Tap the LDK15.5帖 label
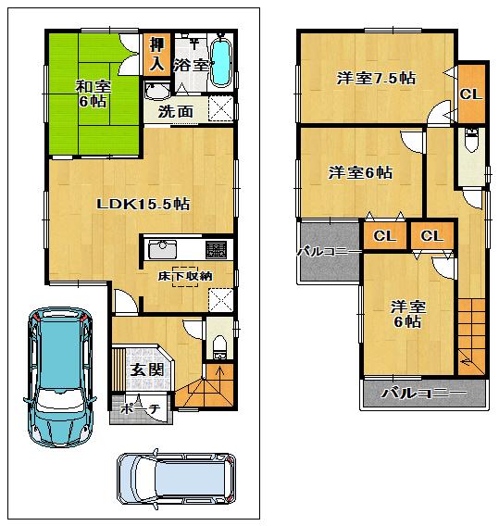[143, 204]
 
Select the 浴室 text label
[193, 66]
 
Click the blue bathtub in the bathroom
[221, 61]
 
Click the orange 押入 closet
[156, 55]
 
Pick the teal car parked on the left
[60, 375]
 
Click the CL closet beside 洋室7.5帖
[470, 94]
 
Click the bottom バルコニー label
[423, 394]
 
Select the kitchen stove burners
[217, 250]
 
